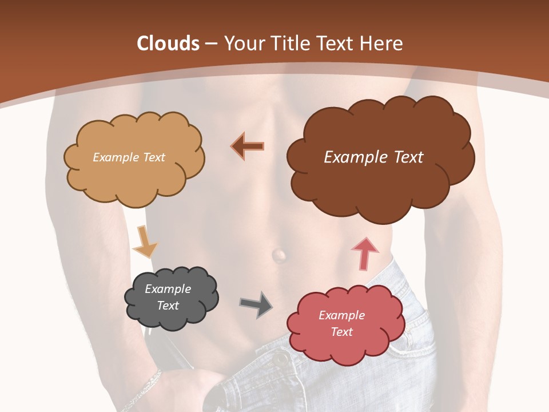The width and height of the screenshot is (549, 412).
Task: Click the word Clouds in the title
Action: coord(168,43)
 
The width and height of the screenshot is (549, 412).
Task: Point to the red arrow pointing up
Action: coord(364,253)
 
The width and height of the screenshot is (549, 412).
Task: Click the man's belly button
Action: coord(279,255)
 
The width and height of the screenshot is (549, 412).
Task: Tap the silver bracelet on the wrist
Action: coord(143,389)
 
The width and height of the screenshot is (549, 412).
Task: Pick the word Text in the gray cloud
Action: coord(168,306)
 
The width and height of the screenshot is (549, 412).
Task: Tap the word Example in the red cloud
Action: coord(341,315)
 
